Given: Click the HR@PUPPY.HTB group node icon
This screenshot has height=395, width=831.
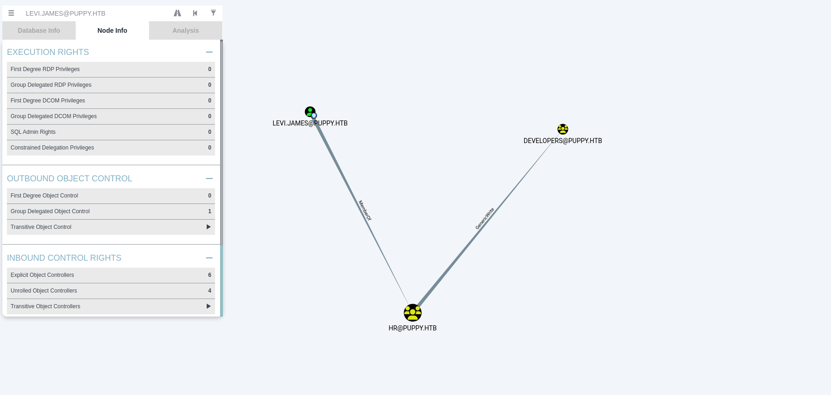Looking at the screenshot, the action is pos(413,313).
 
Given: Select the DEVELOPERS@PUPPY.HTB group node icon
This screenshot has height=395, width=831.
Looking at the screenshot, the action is pos(562,129).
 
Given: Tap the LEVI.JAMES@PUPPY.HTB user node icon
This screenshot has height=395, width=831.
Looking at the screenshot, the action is pos(310,112).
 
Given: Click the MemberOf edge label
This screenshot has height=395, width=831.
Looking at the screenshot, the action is pos(365,210).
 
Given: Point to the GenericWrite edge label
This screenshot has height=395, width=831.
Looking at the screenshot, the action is pos(485,219).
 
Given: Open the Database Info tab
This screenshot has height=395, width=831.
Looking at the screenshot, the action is pos(39,30).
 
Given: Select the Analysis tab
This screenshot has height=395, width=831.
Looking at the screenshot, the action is pos(185,30).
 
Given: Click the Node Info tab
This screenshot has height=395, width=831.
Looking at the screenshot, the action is pos(112,30).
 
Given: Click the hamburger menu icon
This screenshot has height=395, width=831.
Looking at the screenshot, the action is pos(11,13).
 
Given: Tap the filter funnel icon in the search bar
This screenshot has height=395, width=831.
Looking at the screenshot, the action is pos(213,13).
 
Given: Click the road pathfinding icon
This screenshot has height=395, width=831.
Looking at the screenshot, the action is pos(177,13).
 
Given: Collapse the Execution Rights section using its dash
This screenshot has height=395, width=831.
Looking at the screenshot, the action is pos(209,52).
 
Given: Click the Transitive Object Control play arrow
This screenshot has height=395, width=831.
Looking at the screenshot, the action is pos(209,227).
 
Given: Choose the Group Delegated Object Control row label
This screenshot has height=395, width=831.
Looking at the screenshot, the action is pos(50,211).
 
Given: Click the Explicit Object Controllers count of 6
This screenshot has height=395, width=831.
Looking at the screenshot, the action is pos(209,275).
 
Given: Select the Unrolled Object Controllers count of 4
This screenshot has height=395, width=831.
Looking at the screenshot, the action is pos(209,291).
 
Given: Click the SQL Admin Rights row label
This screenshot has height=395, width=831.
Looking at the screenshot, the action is pos(33,132).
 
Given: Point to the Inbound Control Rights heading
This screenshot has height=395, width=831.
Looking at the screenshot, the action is pos(64,258).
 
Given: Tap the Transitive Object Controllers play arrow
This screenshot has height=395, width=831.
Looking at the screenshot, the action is pos(209,306).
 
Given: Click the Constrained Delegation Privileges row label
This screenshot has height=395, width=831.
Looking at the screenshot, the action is pos(52,148).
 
